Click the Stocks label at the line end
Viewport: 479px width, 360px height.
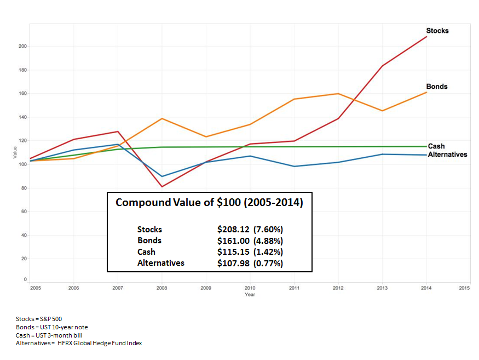[437, 31]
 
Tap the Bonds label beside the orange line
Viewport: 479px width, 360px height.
[436, 87]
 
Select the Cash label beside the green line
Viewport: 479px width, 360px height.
[436, 146]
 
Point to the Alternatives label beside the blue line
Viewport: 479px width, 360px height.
[447, 155]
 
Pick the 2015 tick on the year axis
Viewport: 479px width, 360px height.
[464, 288]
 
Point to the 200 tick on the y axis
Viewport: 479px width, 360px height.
[22, 46]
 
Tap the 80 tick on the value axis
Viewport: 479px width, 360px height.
[24, 188]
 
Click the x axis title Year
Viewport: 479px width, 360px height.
[250, 294]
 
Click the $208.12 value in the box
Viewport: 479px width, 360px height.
[234, 230]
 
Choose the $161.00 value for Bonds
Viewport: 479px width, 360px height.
[234, 241]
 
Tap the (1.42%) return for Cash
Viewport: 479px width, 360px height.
[268, 252]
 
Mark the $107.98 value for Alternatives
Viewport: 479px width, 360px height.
[234, 263]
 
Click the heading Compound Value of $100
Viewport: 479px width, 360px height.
[209, 203]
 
